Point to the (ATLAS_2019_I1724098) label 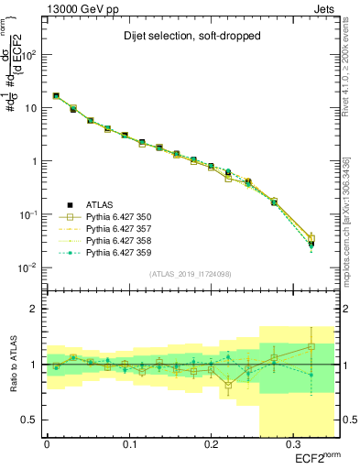(189, 273)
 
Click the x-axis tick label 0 (47, 446)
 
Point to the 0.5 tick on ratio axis (31, 420)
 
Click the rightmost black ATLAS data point (311, 244)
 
